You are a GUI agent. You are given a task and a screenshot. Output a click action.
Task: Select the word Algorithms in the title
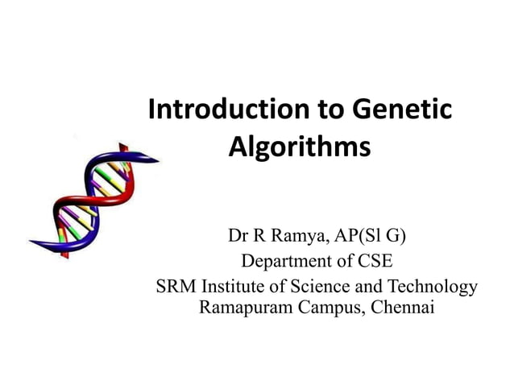[300, 148]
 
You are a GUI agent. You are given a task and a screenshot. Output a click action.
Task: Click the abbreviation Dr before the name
[237, 237]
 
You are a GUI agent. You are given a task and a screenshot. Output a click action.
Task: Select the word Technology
[433, 286]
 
